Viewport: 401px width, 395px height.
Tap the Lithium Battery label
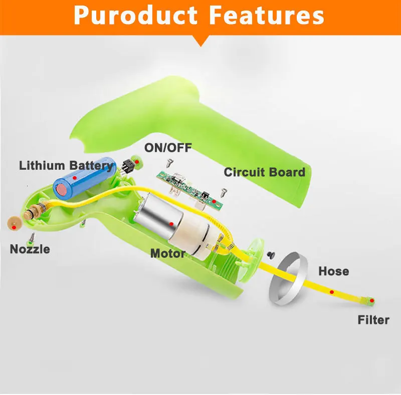pyautogui.click(x=66, y=165)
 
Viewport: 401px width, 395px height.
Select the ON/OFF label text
pyautogui.click(x=168, y=148)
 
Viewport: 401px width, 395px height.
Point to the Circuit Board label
pyautogui.click(x=264, y=172)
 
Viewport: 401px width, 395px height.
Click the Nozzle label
pyautogui.click(x=30, y=249)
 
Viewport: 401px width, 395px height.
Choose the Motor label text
pyautogui.click(x=167, y=253)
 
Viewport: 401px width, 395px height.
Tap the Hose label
pyautogui.click(x=333, y=271)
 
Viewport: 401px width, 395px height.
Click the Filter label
pyautogui.click(x=373, y=319)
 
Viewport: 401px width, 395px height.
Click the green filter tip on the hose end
pyautogui.click(x=370, y=301)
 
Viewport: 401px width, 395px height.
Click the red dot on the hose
pyautogui.click(x=331, y=291)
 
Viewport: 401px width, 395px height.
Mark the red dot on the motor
pyautogui.click(x=172, y=224)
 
